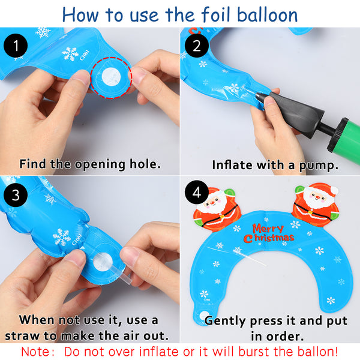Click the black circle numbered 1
[16, 46]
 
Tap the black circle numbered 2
[197, 46]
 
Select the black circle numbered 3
[16, 194]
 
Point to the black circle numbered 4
[197, 193]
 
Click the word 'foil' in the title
[216, 14]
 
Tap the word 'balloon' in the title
[267, 14]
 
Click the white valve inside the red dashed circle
[111, 76]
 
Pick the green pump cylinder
[344, 140]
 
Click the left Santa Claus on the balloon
[217, 209]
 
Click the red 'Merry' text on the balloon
[268, 229]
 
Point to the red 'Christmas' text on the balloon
[269, 238]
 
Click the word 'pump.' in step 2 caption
[319, 166]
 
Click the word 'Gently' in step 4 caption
[225, 321]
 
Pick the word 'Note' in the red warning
[35, 352]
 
